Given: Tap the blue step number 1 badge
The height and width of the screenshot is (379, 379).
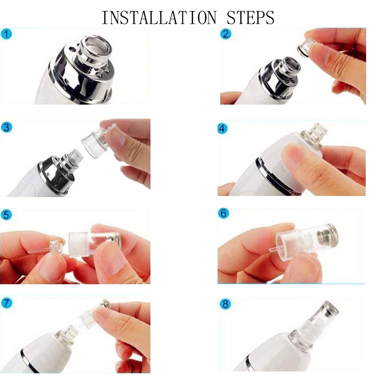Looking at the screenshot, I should pos(6,34).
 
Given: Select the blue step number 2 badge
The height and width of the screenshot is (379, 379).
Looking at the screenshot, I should pos(226,34).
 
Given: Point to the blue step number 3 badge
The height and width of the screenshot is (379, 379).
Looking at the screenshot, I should pos(6,127).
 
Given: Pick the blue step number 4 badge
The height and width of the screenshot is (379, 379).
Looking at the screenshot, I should pos(223,128).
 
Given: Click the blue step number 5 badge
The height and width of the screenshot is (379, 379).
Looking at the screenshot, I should pos(6,215).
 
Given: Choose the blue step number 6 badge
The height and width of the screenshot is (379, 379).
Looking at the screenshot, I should pos(224,213).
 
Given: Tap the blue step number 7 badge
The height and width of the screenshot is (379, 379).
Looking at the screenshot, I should pos(6,303).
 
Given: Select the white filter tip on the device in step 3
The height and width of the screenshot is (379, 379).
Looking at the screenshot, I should pos(75,155).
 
